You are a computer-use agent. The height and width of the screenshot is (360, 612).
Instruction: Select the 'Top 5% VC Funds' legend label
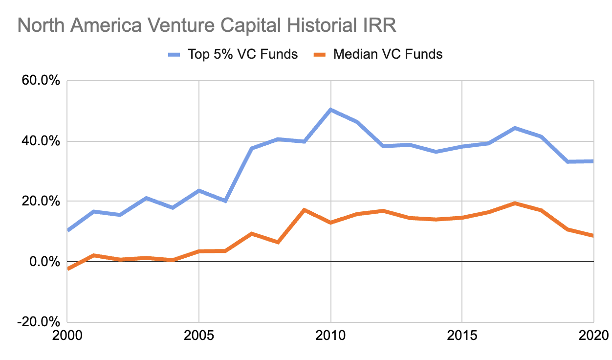pyautogui.click(x=243, y=54)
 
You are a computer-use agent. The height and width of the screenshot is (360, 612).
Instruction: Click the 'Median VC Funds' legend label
pyautogui.click(x=388, y=54)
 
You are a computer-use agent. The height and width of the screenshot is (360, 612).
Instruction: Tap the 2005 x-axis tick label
pyautogui.click(x=198, y=337)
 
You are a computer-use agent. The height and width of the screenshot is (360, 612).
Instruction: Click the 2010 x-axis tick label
pyautogui.click(x=330, y=337)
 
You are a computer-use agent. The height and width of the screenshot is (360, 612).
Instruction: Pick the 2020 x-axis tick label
pyautogui.click(x=592, y=337)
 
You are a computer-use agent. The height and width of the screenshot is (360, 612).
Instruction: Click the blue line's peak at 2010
pyautogui.click(x=330, y=110)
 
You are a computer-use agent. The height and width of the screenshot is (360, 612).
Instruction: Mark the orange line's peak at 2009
pyautogui.click(x=304, y=210)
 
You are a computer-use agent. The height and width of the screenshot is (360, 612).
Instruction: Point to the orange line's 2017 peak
pyautogui.click(x=515, y=203)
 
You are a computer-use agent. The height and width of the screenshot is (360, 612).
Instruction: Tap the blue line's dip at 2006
pyautogui.click(x=225, y=201)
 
